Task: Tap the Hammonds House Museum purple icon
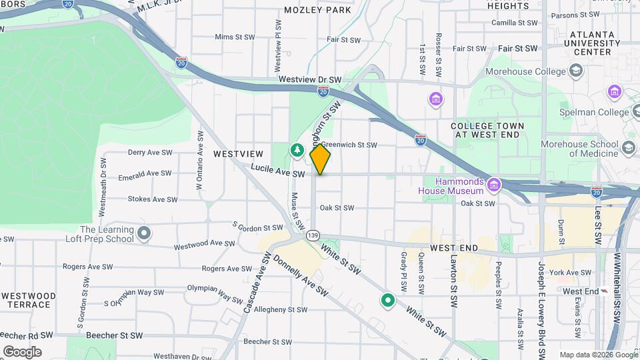click(x=493, y=184)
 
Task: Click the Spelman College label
click(x=595, y=112)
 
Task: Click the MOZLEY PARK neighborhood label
click(x=317, y=10)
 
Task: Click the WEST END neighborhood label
click(x=454, y=247)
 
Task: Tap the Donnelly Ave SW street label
click(x=301, y=277)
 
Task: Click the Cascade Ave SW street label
click(x=255, y=283)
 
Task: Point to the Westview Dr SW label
click(x=310, y=79)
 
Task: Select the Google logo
click(x=23, y=351)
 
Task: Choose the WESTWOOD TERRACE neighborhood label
click(x=29, y=300)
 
